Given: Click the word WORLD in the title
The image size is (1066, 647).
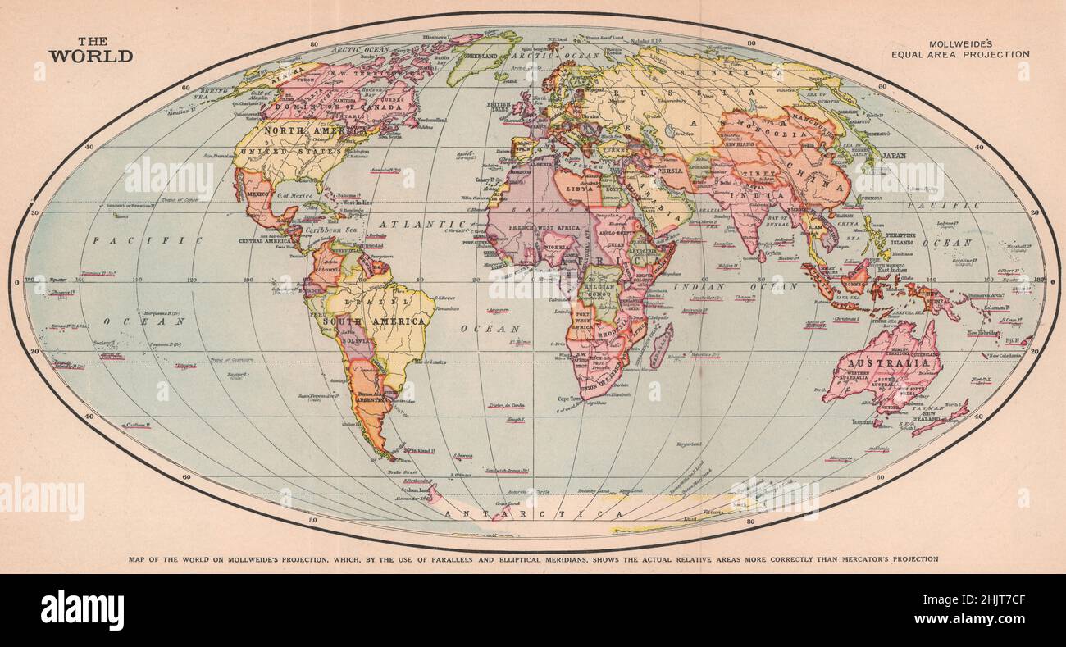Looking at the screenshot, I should [x=90, y=57].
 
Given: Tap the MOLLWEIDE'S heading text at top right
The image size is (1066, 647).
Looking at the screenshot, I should [x=961, y=42].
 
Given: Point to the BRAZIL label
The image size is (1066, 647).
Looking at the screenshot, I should [x=371, y=301].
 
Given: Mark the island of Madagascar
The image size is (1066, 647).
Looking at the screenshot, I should [x=661, y=344].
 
